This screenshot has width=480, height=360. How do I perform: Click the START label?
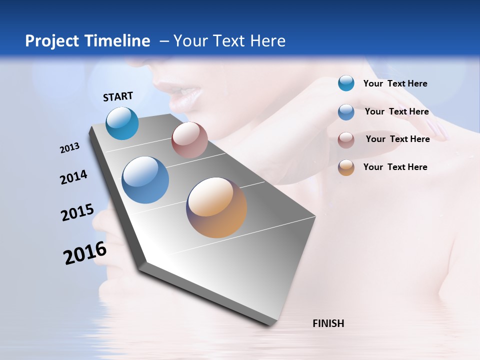[118, 96]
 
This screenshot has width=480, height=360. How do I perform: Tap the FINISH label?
[328, 323]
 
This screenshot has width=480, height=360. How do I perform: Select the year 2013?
[69, 148]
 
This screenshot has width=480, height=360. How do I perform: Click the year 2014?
[73, 177]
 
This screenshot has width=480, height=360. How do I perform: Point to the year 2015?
[77, 212]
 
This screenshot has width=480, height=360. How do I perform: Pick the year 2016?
[85, 253]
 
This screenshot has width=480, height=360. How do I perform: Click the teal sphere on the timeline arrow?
[122, 123]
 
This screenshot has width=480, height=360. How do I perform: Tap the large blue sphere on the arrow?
[145, 180]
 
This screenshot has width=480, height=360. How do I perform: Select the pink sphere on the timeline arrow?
[189, 140]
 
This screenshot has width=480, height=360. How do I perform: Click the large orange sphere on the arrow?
[216, 207]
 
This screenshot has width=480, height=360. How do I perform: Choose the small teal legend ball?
[346, 83]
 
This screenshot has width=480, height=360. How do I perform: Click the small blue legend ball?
[346, 112]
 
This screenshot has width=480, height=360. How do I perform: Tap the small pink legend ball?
[346, 140]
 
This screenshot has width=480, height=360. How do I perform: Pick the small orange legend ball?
[346, 167]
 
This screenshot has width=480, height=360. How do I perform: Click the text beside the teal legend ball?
[395, 83]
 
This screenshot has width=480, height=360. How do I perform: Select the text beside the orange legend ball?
[395, 167]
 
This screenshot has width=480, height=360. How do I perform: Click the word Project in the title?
[52, 41]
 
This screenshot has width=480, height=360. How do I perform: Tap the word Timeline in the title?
[117, 41]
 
